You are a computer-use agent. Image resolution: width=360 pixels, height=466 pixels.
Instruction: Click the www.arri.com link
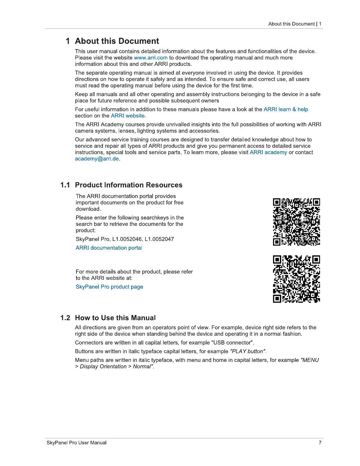point(151,58)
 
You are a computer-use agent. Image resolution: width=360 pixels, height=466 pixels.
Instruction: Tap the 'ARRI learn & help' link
point(286,109)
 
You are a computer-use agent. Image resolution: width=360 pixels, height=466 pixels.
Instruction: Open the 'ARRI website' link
point(128,116)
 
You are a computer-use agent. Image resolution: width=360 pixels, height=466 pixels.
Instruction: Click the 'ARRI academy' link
point(268,152)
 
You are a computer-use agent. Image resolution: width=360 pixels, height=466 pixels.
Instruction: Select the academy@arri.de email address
point(97,159)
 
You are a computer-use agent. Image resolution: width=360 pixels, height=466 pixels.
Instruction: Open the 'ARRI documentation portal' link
point(109,248)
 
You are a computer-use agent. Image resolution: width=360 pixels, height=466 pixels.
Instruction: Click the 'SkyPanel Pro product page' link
point(109,287)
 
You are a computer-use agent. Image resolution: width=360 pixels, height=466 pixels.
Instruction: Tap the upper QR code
point(296,222)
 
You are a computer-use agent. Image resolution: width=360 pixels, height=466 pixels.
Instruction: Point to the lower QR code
point(296,279)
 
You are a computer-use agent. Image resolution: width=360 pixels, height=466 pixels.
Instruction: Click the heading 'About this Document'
point(117,41)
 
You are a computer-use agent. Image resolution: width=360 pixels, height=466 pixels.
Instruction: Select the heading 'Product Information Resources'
point(129,185)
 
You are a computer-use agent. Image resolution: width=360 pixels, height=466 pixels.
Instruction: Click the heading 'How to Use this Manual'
point(115,318)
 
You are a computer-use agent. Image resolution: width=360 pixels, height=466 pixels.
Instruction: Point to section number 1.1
point(65,185)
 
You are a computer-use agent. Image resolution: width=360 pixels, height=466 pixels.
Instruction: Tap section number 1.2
point(65,318)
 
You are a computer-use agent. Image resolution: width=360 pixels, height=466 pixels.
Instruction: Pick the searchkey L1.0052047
point(159,239)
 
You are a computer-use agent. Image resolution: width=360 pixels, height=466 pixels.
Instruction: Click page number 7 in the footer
point(320,443)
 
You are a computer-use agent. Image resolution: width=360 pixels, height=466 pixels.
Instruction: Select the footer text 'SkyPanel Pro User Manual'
point(76,443)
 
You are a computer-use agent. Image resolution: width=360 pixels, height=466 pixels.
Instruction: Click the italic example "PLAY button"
point(248,352)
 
